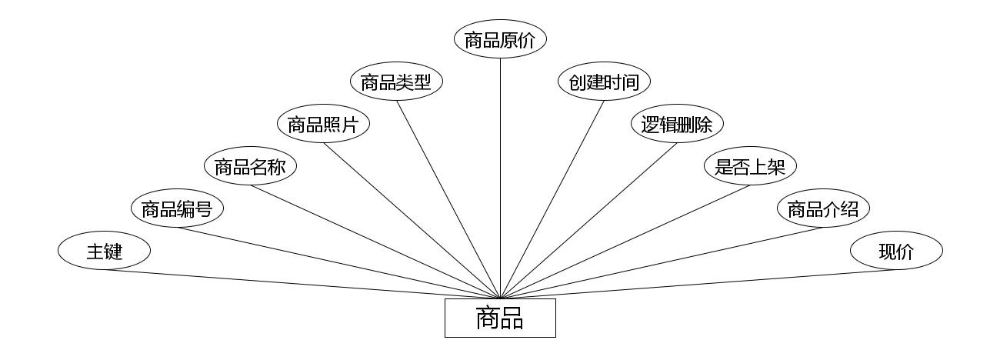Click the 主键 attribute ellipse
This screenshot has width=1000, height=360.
click(104, 251)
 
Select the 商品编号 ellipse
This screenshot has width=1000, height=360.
click(177, 208)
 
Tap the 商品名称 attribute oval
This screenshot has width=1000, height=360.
click(250, 166)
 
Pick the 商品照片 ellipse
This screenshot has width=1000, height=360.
click(323, 125)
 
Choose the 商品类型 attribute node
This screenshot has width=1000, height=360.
click(396, 82)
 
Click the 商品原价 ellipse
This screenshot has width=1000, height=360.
click(500, 40)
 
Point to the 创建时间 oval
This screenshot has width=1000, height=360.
click(604, 82)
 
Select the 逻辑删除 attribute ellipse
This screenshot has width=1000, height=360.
click(677, 125)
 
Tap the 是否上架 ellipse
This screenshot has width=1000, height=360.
click(750, 166)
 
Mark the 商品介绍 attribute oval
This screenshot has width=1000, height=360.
click(823, 208)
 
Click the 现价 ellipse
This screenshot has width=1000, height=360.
click(896, 251)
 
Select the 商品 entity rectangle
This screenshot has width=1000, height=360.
click(500, 318)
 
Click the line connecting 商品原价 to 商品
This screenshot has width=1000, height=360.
click(500, 177)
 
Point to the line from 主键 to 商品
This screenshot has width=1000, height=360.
click(302, 284)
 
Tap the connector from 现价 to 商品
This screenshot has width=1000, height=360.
click(698, 284)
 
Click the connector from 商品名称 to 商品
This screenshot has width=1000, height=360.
click(375, 242)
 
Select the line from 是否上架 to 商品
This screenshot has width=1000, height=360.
click(625, 242)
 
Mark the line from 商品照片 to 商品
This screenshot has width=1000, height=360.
click(412, 221)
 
